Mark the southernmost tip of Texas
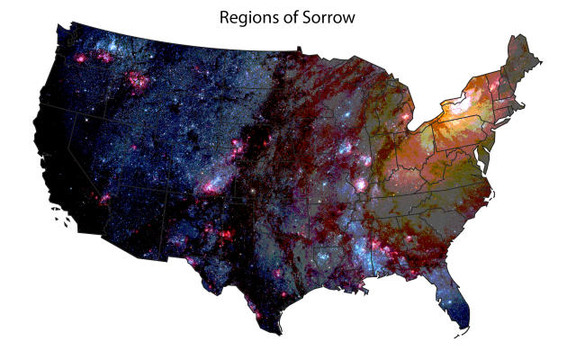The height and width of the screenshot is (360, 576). [280, 332]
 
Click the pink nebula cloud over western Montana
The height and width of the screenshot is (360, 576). [140, 81]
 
